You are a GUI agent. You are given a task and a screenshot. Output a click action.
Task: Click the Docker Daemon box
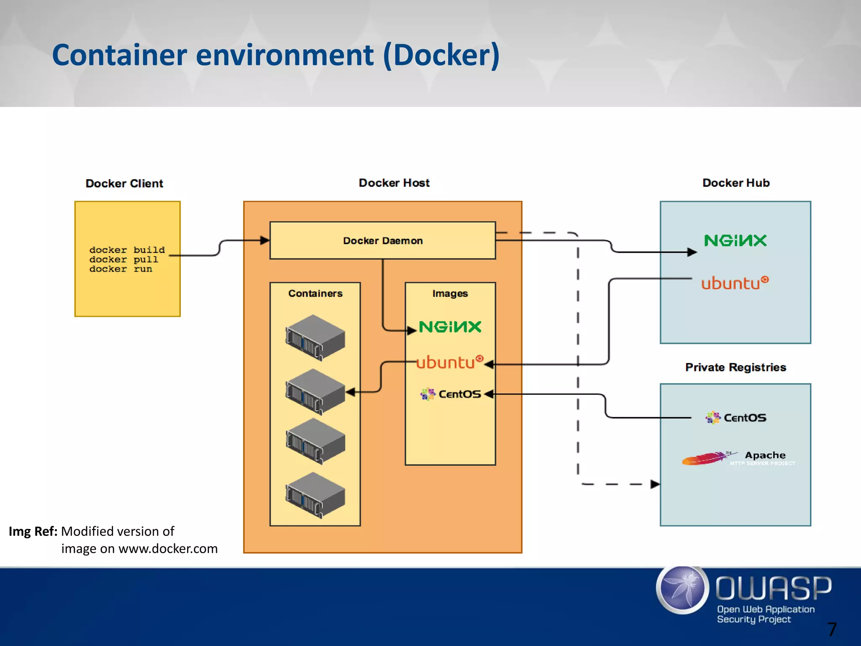[383, 241]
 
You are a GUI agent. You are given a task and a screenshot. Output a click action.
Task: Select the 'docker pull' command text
[124, 259]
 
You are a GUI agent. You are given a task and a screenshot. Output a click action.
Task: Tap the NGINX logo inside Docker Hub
[735, 241]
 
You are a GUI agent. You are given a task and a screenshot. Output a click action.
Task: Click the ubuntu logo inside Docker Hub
[734, 283]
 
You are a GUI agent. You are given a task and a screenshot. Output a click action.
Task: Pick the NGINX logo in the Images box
[450, 327]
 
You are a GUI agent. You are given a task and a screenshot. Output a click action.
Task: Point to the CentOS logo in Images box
[451, 394]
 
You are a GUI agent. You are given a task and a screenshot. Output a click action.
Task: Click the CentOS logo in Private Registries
[736, 418]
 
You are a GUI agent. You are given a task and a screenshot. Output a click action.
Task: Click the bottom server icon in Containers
[315, 495]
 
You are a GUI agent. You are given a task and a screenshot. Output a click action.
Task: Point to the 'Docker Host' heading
[394, 183]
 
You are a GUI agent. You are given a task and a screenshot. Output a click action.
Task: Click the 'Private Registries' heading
[735, 367]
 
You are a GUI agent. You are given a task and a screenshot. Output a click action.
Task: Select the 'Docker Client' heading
[124, 183]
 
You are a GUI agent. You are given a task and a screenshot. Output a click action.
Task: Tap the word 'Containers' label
[315, 294]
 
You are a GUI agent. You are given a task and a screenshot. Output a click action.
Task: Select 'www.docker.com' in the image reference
[168, 549]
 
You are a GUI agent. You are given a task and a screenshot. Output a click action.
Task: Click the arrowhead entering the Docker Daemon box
[265, 241]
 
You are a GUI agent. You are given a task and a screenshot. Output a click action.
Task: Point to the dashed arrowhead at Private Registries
[655, 484]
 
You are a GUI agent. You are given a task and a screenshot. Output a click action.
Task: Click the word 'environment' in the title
[285, 55]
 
